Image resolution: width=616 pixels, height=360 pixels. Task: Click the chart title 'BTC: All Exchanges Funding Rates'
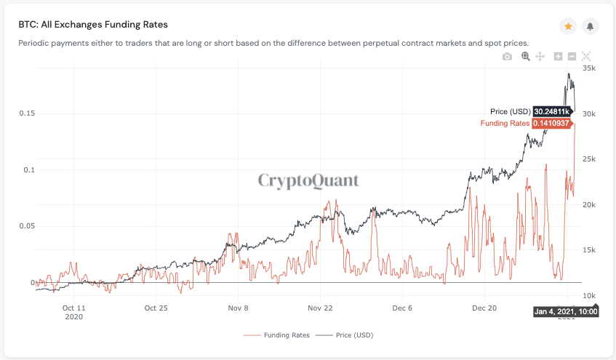92,24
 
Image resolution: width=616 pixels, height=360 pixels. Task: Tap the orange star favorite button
568,26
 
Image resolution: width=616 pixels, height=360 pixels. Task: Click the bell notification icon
590,26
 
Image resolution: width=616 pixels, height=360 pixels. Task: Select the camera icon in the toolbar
508,57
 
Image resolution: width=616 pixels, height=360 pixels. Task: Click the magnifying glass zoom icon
525,57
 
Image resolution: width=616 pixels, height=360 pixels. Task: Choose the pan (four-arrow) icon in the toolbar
540,57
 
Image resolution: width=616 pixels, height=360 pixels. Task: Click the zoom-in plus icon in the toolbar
558,57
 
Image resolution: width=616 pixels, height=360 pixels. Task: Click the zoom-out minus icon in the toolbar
572,57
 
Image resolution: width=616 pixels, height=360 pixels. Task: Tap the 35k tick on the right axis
590,68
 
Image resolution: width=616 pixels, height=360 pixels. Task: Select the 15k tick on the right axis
590,250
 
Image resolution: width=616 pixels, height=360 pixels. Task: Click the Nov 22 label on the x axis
321,308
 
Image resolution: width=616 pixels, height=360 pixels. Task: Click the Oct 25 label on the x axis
156,308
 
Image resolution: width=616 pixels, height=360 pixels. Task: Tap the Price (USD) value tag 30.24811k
551,111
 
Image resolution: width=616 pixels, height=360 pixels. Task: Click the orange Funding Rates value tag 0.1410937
551,124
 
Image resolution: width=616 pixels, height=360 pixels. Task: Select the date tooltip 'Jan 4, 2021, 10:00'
566,311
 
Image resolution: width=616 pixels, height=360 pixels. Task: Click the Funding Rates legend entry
286,335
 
